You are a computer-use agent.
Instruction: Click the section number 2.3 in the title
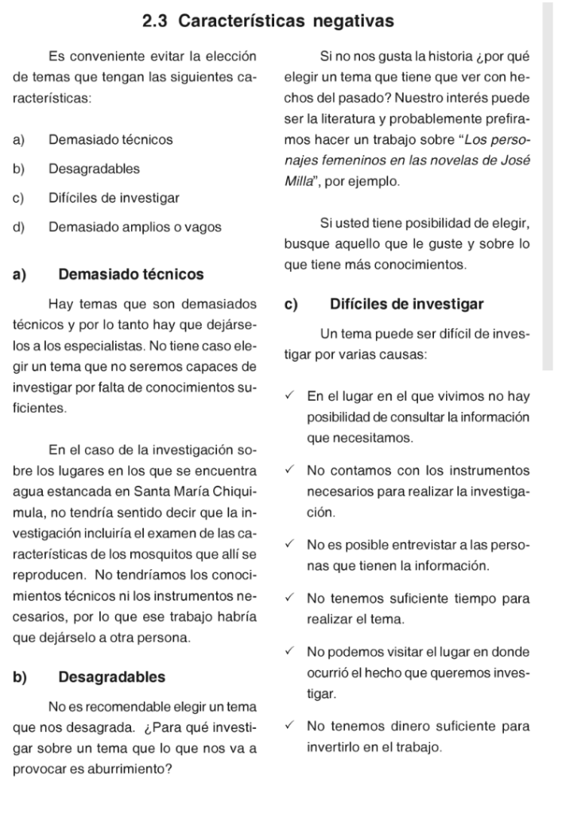156,21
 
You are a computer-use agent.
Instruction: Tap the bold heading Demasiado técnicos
131,275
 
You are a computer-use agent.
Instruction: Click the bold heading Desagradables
112,677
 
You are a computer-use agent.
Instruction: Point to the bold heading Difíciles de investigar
406,304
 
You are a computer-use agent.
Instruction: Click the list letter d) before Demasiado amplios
19,227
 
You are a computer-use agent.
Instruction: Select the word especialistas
102,347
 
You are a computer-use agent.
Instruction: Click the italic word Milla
299,182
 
